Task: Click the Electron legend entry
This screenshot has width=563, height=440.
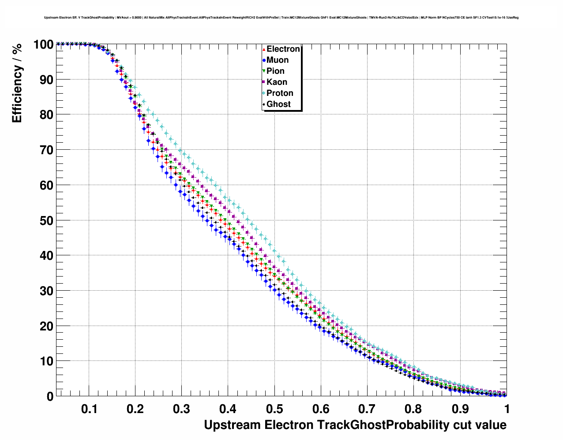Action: [283, 49]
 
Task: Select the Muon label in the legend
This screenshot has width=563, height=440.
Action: [278, 60]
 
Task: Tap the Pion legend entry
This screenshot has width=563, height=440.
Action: [275, 71]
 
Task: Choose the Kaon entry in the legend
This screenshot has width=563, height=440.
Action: [277, 82]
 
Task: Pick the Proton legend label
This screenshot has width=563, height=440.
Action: [280, 93]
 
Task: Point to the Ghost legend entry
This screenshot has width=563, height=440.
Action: [278, 104]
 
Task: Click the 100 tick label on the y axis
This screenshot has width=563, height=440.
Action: [43, 45]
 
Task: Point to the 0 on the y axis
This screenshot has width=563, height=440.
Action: [50, 397]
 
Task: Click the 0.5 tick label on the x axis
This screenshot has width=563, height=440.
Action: [274, 409]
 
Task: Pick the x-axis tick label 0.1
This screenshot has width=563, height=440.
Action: [89, 409]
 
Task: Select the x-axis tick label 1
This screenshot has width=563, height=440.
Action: [507, 409]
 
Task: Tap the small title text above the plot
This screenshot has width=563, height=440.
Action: [281, 18]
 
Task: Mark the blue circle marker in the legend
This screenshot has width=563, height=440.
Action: [264, 60]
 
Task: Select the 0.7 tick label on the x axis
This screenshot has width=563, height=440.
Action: [367, 409]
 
